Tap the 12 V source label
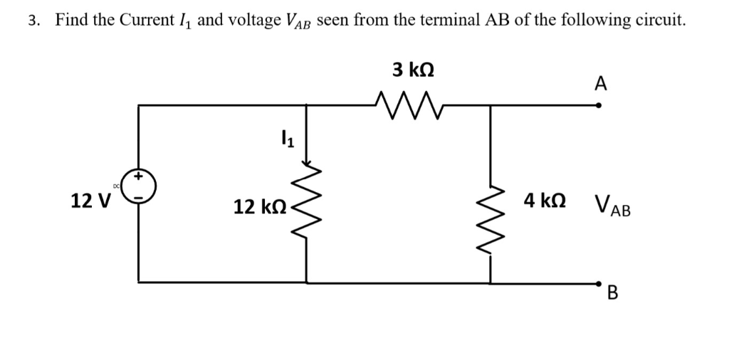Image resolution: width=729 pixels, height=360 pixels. click(90, 201)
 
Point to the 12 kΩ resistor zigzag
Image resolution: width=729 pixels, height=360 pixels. click(308, 206)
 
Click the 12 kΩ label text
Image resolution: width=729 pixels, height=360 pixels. click(260, 207)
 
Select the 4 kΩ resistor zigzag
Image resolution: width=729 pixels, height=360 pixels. click(489, 206)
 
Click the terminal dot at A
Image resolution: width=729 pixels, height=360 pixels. click(599, 105)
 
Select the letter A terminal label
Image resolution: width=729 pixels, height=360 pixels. click(600, 85)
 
